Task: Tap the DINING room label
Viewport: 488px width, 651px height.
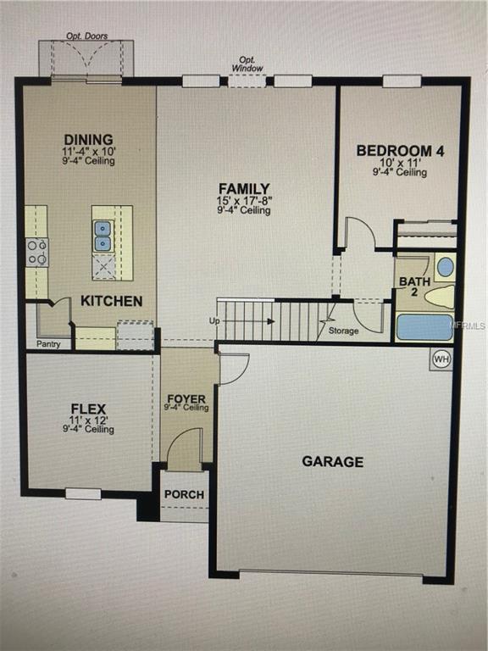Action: [88, 140]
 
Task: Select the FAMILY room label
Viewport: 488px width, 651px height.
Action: [244, 188]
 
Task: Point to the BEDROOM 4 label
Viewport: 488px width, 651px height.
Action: [400, 151]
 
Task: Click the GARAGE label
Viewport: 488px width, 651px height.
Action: [333, 462]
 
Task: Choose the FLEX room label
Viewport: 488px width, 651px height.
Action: [88, 409]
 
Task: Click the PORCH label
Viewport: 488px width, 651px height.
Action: [184, 495]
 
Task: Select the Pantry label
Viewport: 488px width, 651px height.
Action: [47, 344]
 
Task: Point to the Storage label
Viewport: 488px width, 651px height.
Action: [342, 331]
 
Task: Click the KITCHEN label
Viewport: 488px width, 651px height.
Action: [111, 301]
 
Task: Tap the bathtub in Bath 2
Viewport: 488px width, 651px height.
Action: [424, 327]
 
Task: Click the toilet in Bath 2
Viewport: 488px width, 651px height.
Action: [438, 297]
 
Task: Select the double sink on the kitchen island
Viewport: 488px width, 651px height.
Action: [103, 236]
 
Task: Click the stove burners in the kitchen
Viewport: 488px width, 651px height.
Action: [37, 252]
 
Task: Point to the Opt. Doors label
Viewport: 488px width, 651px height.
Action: [86, 36]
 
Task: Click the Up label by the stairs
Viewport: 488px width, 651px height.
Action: [214, 321]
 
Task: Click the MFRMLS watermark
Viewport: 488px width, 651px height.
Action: [469, 325]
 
